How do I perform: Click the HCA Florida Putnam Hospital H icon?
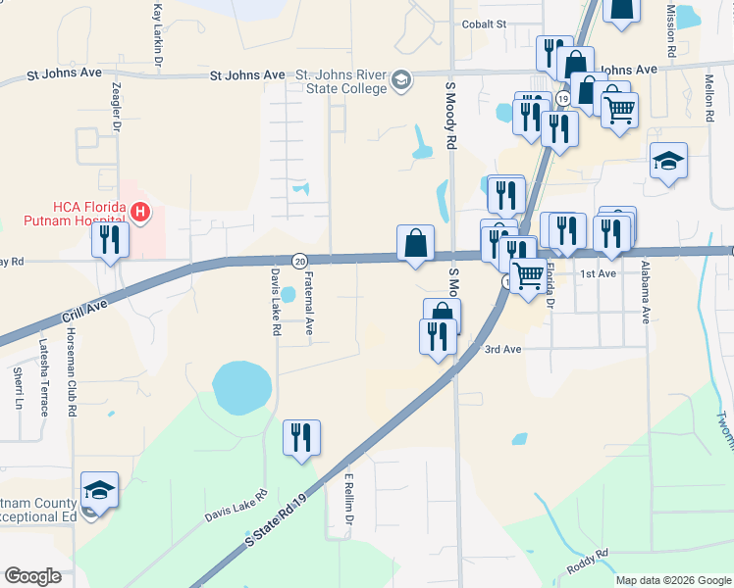point(140,212)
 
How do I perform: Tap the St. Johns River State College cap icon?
point(400,80)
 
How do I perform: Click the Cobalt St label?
point(483,24)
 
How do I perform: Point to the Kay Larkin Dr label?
point(157,34)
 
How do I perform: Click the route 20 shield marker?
point(298,260)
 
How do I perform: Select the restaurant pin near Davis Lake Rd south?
point(301,438)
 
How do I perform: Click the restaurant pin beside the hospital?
point(111,239)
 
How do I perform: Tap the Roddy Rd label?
point(588,561)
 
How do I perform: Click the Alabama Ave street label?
point(646,292)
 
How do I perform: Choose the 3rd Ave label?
point(501,349)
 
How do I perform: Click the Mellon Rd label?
point(708,98)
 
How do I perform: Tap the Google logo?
point(32,576)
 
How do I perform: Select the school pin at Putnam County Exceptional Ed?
point(99,491)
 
